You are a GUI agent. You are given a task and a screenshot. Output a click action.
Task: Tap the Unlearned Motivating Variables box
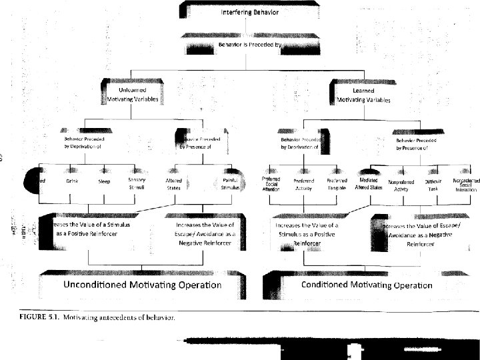tap(137, 94)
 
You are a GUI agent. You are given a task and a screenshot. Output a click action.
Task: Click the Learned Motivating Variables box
tap(363, 94)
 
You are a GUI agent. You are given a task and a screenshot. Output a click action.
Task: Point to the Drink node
tap(73, 181)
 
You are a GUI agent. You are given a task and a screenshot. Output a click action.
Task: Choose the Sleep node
tap(105, 181)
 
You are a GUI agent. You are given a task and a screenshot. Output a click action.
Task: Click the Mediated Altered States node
tap(368, 183)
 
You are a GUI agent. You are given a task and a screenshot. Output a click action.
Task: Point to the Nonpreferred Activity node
tap(401, 184)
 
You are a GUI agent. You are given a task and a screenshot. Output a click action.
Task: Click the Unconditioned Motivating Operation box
tap(141, 285)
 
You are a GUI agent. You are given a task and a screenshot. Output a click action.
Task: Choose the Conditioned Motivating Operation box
tap(367, 285)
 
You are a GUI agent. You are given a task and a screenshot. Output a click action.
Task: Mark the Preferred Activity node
tap(303, 184)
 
